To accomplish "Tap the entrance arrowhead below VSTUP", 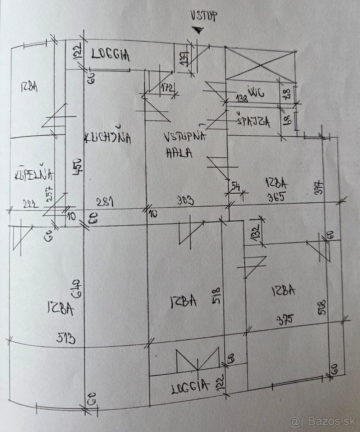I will (x=197, y=31).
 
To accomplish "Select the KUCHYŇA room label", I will (x=107, y=138).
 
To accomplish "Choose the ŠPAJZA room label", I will (x=253, y=121).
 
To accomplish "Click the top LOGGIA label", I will (x=110, y=55).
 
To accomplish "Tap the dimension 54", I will (x=236, y=186).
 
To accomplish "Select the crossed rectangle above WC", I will (x=260, y=64).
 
